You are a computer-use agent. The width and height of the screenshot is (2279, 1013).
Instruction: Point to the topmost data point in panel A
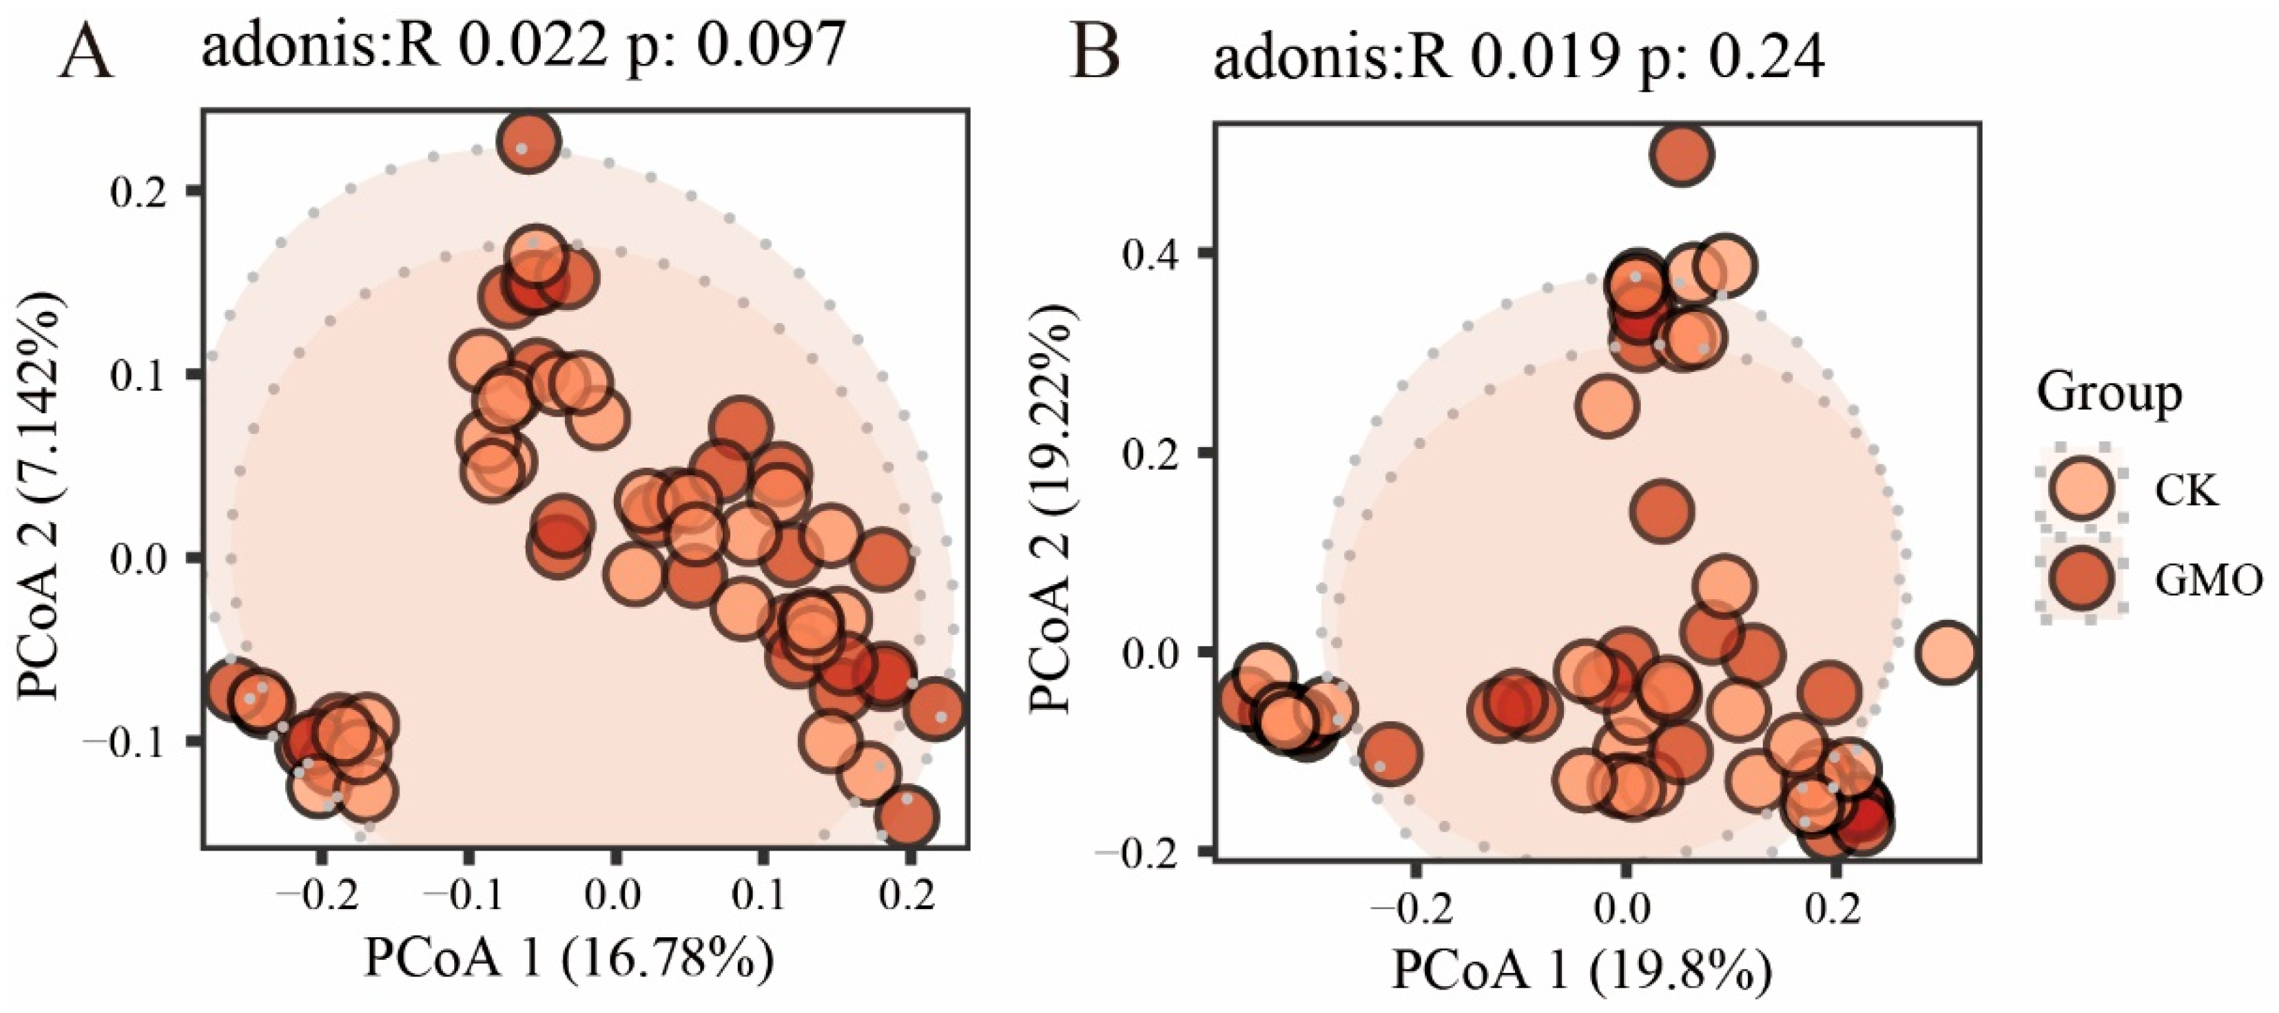528,142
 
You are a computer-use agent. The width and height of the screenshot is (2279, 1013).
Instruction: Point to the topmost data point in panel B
1682,156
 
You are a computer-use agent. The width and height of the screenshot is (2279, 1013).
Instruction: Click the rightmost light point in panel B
1946,653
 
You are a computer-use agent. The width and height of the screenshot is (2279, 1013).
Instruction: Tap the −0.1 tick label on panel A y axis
124,742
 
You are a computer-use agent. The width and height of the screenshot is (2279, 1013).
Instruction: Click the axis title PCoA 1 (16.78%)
570,958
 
